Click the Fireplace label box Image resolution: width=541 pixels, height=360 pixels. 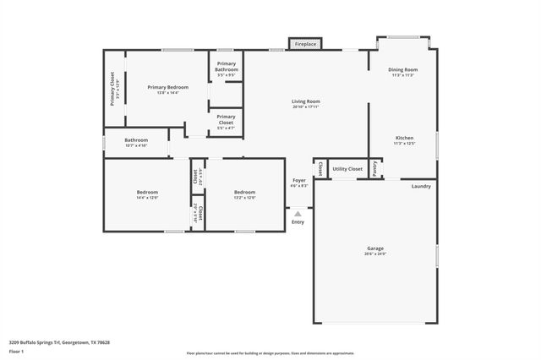pos(305,44)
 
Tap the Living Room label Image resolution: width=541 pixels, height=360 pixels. pos(306,101)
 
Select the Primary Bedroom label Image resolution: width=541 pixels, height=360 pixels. pos(167,87)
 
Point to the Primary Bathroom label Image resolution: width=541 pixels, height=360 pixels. pos(226,66)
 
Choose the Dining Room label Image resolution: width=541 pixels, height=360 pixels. pos(402,69)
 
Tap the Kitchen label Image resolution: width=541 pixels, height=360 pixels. pos(403,138)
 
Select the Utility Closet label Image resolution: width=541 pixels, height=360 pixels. pos(347,169)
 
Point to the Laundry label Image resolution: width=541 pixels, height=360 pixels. pos(421,186)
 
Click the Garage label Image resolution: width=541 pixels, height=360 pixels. pos(374,248)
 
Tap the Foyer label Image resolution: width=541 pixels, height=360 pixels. pos(298,181)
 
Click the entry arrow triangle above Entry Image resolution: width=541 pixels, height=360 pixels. pos(298,214)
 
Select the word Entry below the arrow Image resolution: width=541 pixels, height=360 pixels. pos(298,223)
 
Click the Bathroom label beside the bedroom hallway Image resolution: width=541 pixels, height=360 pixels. pos(136,140)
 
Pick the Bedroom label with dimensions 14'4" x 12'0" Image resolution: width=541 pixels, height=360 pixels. pos(147,193)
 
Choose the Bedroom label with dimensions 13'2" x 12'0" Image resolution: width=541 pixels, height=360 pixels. pos(244,193)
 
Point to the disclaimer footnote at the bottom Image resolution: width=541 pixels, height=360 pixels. pos(270,353)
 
